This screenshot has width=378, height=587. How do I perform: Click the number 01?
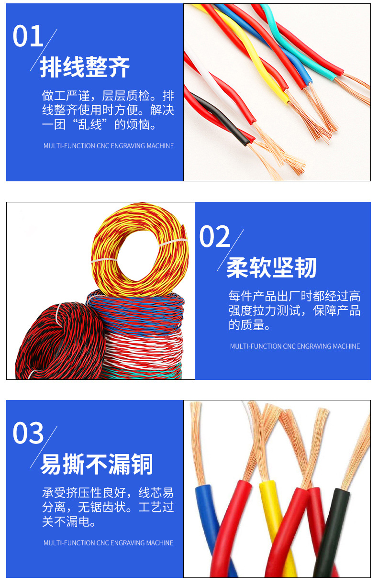point(28,37)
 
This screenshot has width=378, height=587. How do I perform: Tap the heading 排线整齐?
point(85,67)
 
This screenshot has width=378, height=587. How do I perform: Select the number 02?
point(214,237)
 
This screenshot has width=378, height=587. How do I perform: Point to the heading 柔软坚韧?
point(271,267)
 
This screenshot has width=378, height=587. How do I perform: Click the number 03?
point(28,433)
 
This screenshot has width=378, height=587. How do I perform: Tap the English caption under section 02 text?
point(295,346)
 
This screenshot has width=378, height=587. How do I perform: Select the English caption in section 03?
point(108,543)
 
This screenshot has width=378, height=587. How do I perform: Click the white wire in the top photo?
point(206,72)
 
